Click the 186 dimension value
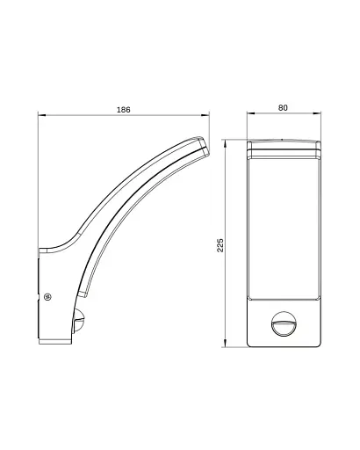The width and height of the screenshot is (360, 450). tap(124, 110)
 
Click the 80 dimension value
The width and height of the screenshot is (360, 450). tap(283, 108)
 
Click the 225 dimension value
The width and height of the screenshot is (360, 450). tap(220, 245)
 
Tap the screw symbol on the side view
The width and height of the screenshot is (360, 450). tap(47, 297)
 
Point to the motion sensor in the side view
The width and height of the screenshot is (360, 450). tap(79, 320)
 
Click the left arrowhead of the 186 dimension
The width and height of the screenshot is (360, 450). tap(42, 115)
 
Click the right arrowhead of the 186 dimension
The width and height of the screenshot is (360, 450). tap(205, 115)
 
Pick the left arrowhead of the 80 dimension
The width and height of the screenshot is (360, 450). tap(251, 113)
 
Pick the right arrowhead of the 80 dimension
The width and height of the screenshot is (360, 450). tap(317, 113)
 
